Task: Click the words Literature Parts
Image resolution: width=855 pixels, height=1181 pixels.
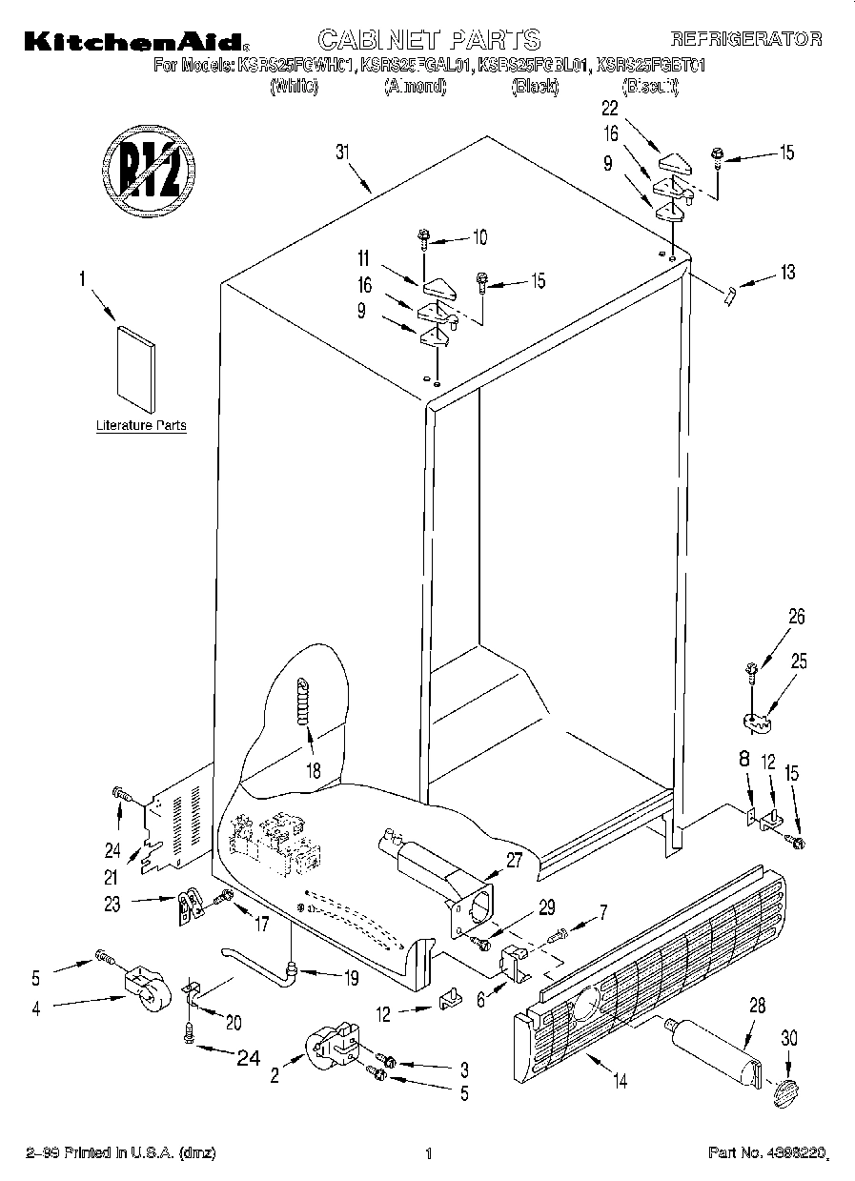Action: (x=141, y=425)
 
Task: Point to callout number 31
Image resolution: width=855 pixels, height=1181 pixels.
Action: (x=342, y=152)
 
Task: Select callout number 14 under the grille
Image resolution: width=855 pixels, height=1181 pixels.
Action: (x=621, y=1081)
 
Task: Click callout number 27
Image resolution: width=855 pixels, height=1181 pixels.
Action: (x=515, y=860)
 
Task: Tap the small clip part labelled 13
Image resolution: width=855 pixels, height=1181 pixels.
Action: (x=729, y=295)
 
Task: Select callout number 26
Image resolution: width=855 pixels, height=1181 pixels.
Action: (x=797, y=617)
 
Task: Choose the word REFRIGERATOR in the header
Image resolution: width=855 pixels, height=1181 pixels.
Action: (x=746, y=39)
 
